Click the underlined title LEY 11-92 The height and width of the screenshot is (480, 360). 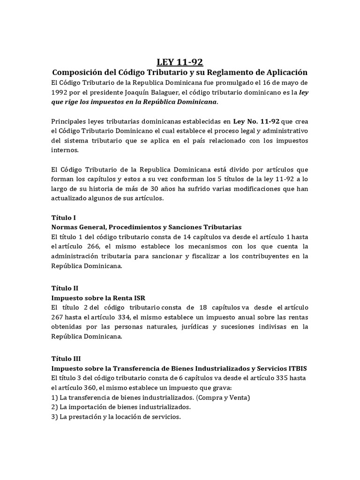180,61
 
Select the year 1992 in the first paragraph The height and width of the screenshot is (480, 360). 61,92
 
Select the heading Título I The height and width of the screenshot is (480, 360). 63,218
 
